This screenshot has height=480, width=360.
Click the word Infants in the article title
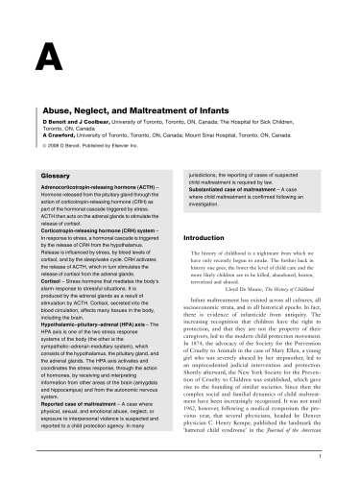tap(232, 111)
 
